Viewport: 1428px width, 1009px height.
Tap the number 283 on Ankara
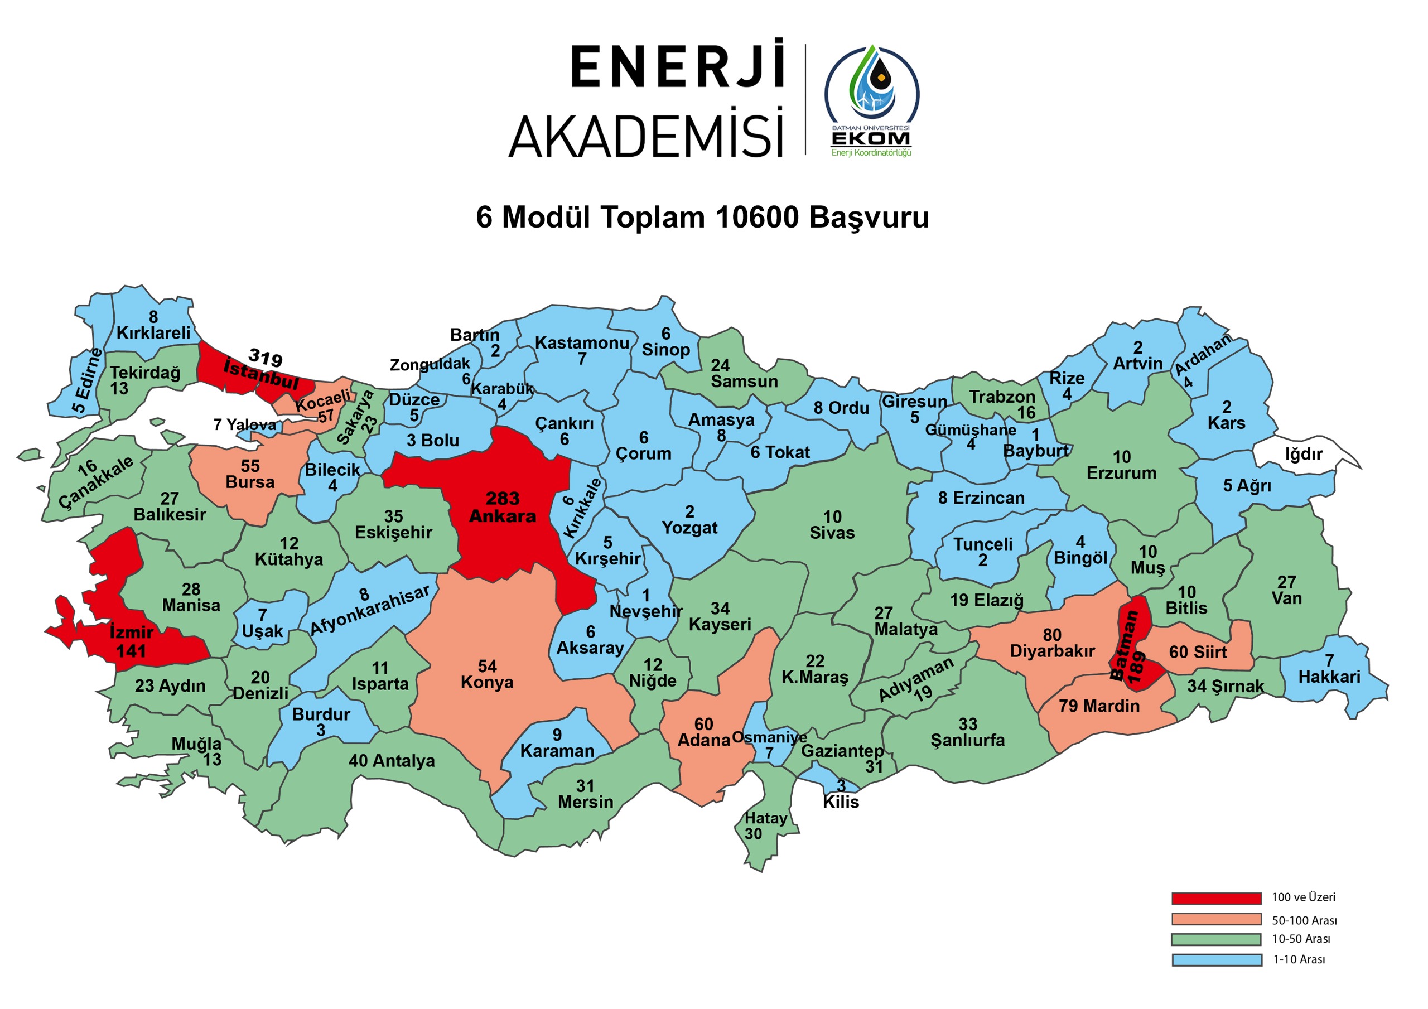pos(503,499)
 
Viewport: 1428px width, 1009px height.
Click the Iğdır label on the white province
pos(1304,454)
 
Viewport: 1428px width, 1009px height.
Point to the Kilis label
pos(841,802)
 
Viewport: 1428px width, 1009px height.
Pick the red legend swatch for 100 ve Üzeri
pos(1216,898)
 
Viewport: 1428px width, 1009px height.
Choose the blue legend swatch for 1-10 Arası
pos(1216,960)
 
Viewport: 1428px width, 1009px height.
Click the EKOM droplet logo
pos(872,87)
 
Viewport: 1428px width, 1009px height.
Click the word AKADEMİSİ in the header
pos(645,136)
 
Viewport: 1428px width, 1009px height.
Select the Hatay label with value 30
pos(766,819)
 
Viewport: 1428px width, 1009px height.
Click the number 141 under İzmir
pos(131,651)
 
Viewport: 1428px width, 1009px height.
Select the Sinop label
pos(665,350)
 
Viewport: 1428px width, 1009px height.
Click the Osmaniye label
pos(769,738)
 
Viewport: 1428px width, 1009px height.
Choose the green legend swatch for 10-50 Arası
pos(1216,939)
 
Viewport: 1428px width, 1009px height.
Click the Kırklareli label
pos(153,333)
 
